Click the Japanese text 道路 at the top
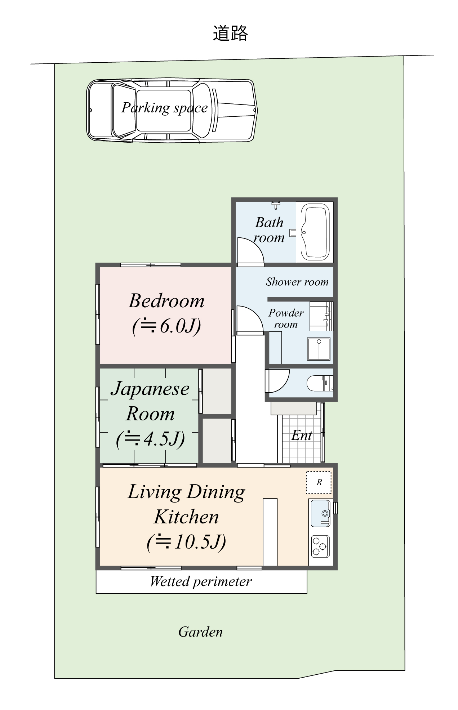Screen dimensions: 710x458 (230, 34)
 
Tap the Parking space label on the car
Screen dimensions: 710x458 (164, 108)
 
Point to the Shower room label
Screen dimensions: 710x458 (297, 282)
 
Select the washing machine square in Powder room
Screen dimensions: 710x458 (319, 349)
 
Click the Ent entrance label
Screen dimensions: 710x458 (302, 436)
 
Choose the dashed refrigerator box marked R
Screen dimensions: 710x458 (319, 482)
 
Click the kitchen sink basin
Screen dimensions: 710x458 (320, 513)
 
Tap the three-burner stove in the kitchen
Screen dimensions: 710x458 (320, 546)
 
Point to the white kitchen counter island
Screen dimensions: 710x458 (270, 532)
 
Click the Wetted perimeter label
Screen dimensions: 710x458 (201, 581)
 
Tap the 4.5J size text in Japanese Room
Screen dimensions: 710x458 (151, 438)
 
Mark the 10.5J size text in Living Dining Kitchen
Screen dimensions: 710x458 (187, 541)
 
